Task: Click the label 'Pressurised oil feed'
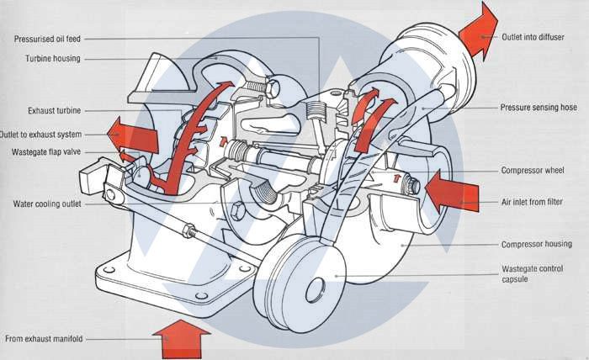pyautogui.click(x=47, y=39)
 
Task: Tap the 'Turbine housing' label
pyautogui.click(x=52, y=59)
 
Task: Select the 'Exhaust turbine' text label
pyautogui.click(x=55, y=111)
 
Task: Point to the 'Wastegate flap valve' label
pyautogui.click(x=46, y=152)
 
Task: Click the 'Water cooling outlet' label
pyautogui.click(x=47, y=204)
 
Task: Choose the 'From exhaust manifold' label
pyautogui.click(x=44, y=339)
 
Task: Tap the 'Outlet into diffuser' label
pyautogui.click(x=533, y=37)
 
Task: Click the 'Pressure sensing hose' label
pyautogui.click(x=539, y=108)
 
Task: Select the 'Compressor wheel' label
pyautogui.click(x=533, y=171)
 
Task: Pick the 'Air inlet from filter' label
pyautogui.click(x=532, y=202)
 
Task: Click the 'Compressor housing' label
pyautogui.click(x=537, y=245)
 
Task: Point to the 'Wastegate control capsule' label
pyautogui.click(x=533, y=274)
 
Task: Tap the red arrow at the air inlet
pyautogui.click(x=452, y=193)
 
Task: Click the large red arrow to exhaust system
pyautogui.click(x=133, y=135)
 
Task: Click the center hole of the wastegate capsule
pyautogui.click(x=316, y=290)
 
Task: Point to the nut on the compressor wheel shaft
pyautogui.click(x=412, y=185)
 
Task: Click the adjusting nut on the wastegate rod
pyautogui.click(x=189, y=230)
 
